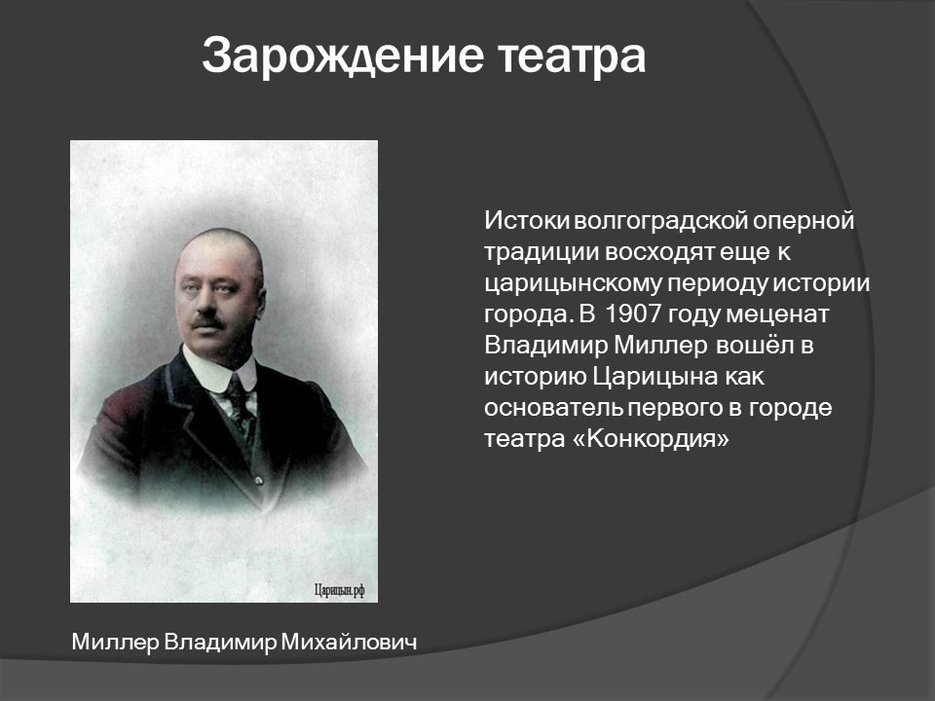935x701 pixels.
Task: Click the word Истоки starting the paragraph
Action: pos(527,221)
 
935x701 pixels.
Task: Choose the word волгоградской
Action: pos(660,222)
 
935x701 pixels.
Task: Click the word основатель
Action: pos(553,408)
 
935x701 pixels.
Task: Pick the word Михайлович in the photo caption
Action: pos(349,642)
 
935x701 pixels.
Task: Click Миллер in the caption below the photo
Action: pos(115,643)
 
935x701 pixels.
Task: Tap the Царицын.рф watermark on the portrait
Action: pos(339,590)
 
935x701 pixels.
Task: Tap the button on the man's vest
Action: pos(259,480)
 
